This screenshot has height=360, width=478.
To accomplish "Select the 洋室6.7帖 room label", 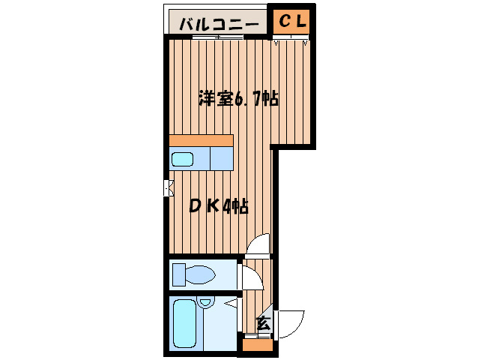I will tap(238, 98).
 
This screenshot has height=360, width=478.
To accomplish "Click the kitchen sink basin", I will tap(184, 159).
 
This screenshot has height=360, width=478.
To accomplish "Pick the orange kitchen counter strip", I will tap(201, 140).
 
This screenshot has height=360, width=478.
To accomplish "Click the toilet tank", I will tap(178, 275).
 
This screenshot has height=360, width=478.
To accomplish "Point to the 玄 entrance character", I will tap(263, 324).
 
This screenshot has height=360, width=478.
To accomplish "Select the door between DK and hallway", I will tap(258, 245).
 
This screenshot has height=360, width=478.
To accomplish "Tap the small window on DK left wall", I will tap(168, 187).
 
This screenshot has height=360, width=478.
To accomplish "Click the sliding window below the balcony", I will tap(217, 37).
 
